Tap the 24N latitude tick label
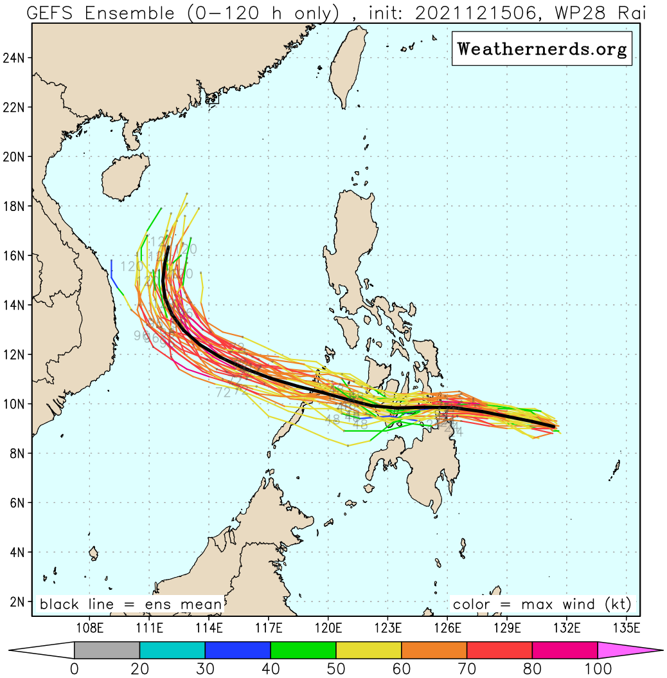(15, 58)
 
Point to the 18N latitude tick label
(15, 206)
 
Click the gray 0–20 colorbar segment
(107, 650)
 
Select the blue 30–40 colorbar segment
(237, 650)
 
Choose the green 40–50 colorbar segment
(303, 650)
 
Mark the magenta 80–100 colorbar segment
(565, 650)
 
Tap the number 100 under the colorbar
(598, 669)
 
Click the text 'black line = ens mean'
(131, 605)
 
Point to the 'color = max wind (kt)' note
(542, 605)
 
